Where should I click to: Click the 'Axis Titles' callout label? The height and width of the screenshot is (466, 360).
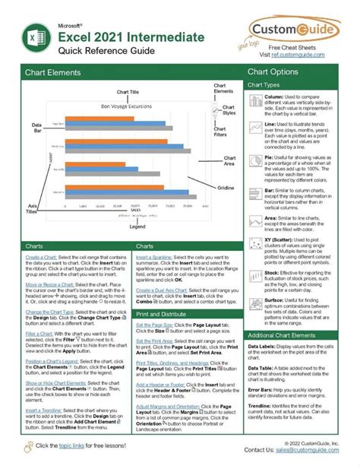(x=33, y=189)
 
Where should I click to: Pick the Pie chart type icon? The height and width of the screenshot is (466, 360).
(x=255, y=159)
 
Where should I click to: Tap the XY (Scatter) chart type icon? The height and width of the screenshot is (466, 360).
(x=255, y=243)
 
